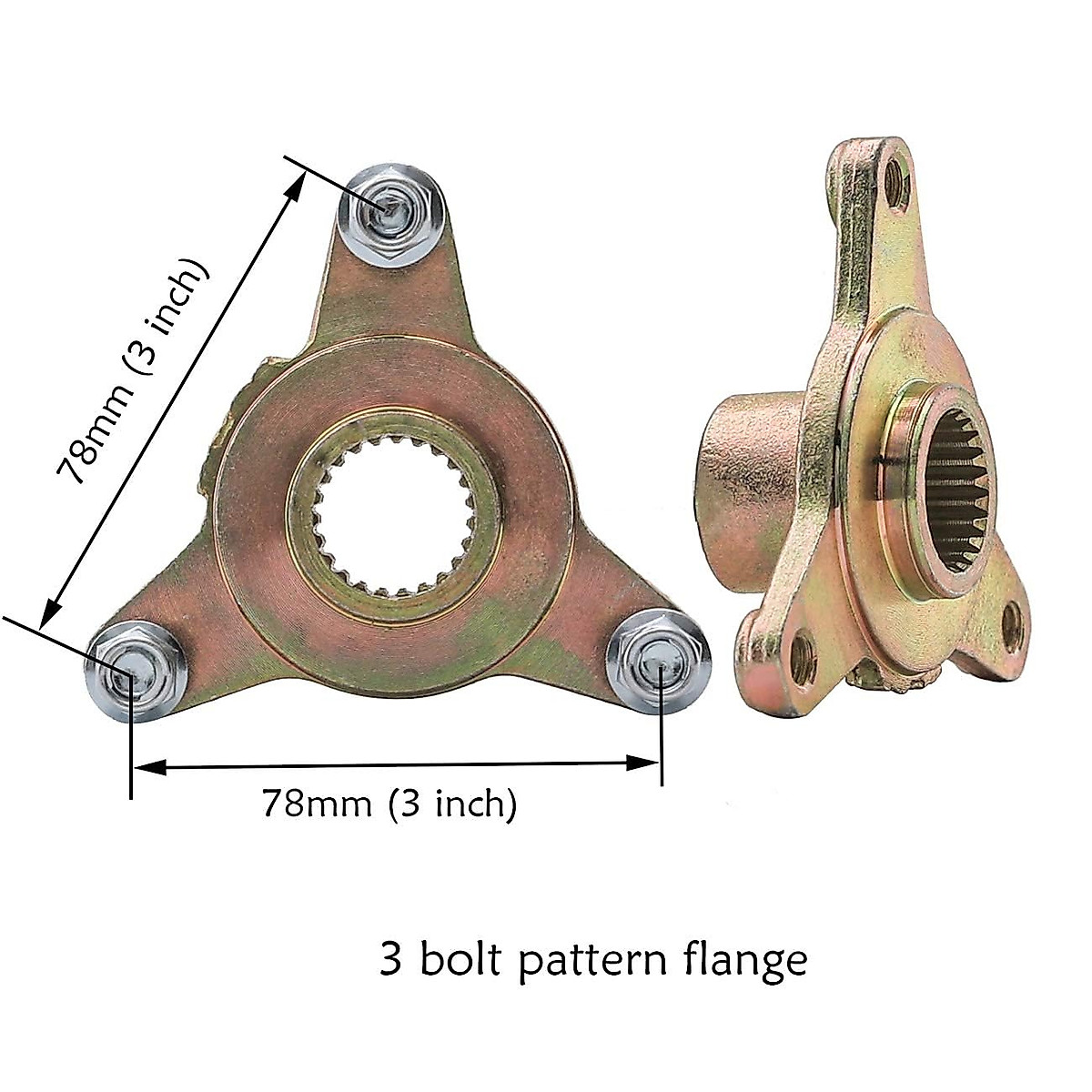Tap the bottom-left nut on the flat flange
pyautogui.click(x=135, y=673)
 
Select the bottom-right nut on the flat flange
pyautogui.click(x=659, y=669)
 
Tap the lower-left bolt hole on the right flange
pyautogui.click(x=804, y=659)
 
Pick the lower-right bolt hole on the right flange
pyautogui.click(x=1012, y=627)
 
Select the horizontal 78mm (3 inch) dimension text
pyautogui.click(x=389, y=804)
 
